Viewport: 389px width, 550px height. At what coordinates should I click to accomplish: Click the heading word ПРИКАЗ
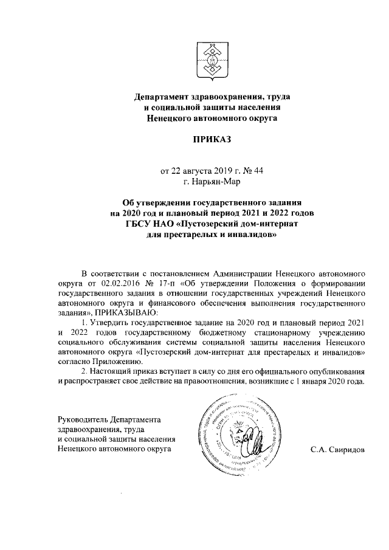[x=212, y=140]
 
